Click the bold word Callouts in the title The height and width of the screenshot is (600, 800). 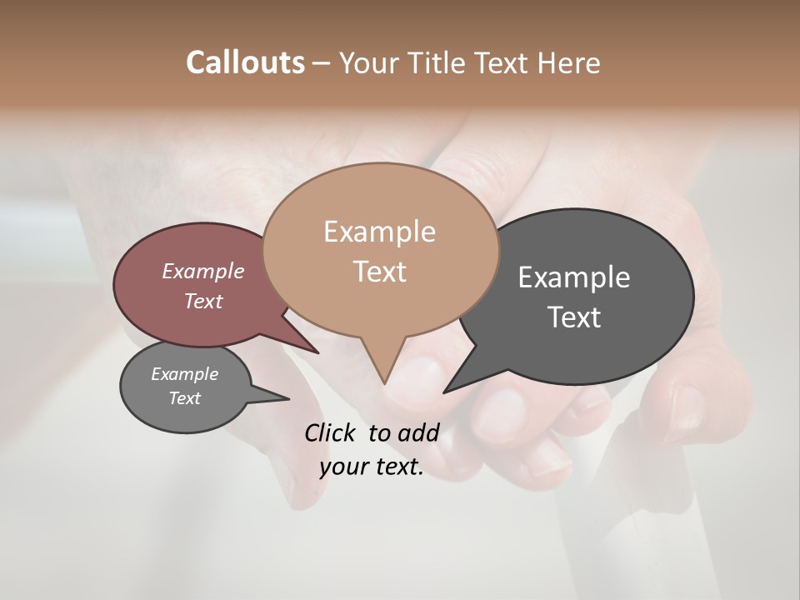tap(245, 62)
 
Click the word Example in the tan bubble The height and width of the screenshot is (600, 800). tap(379, 232)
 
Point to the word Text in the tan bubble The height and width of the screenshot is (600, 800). tap(379, 272)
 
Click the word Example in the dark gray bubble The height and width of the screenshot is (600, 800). tap(573, 277)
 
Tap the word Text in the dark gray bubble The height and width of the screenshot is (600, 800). tap(573, 317)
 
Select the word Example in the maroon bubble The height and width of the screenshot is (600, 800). tap(202, 272)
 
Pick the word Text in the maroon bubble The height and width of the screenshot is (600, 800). tap(202, 302)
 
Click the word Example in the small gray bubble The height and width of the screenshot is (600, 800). tap(184, 374)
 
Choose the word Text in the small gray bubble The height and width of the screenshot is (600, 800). tap(184, 398)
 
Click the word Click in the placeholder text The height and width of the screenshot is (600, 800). tap(330, 432)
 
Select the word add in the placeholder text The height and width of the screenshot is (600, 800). tap(417, 432)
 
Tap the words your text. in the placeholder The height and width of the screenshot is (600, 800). tap(371, 467)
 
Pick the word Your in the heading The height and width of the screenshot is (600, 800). tap(367, 62)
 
